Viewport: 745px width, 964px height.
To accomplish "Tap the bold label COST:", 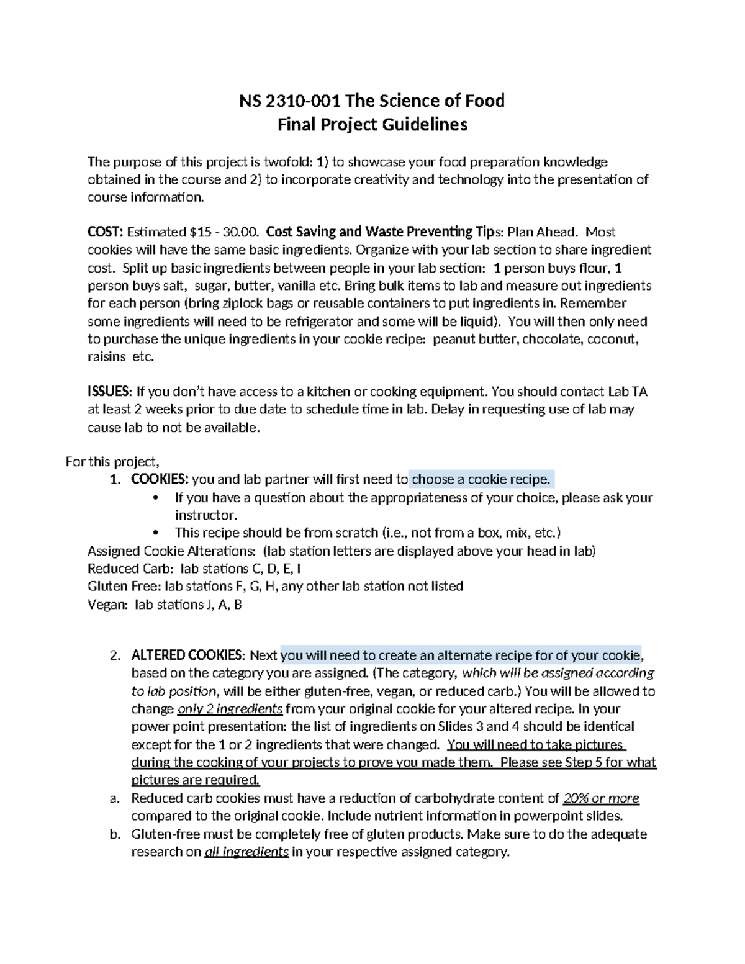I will (x=105, y=232).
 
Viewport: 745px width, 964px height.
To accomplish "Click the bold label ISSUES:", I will (x=109, y=392).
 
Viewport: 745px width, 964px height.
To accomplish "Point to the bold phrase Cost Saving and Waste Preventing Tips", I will (x=384, y=232).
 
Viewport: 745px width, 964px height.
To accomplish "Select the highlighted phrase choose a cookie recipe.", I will (x=481, y=480).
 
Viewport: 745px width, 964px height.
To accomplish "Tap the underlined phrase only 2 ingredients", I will (x=230, y=709).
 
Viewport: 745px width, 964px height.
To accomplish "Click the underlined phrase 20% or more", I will (x=600, y=798).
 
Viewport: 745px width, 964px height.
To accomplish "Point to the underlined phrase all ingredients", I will (x=246, y=852).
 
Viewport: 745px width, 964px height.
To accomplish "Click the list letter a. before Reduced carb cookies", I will (x=114, y=798).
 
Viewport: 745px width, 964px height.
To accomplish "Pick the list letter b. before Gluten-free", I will (x=114, y=834).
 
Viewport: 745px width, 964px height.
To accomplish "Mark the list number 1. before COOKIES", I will (x=114, y=480).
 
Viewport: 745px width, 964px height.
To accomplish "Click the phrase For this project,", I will (x=112, y=462).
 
